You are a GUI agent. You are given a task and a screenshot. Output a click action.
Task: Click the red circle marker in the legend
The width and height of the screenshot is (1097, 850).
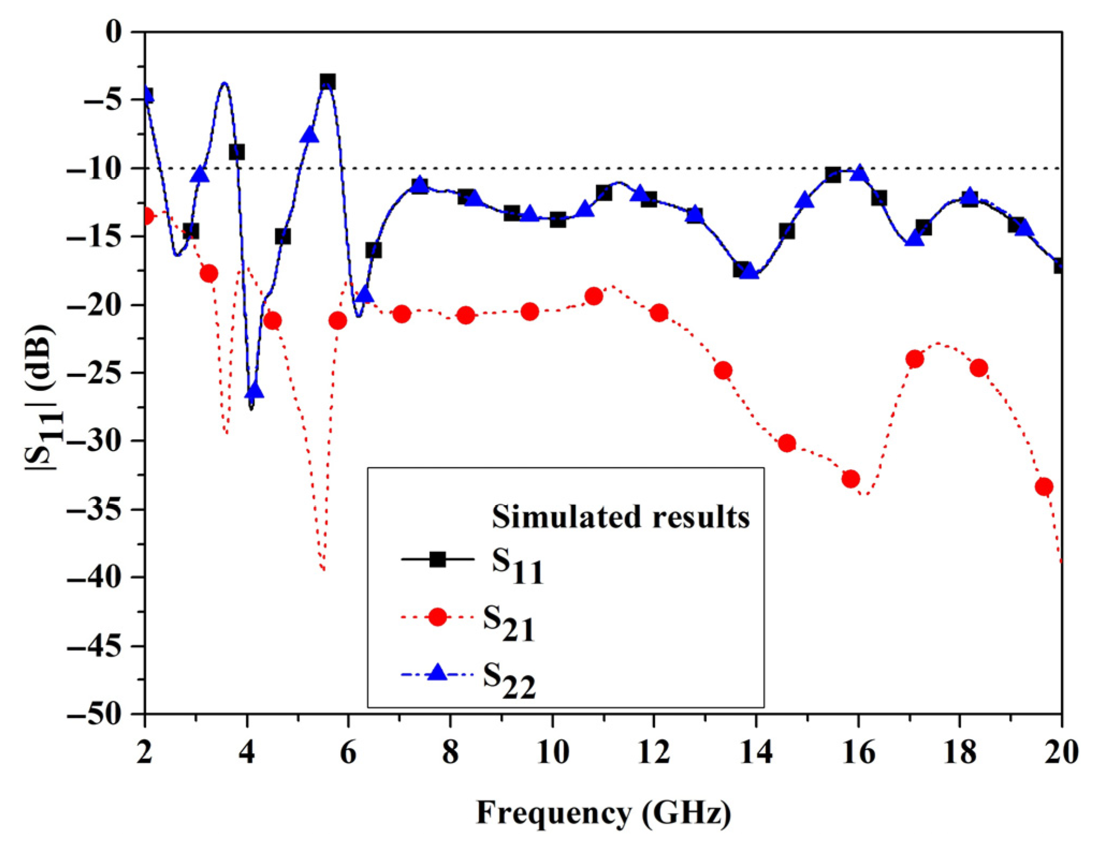tap(438, 617)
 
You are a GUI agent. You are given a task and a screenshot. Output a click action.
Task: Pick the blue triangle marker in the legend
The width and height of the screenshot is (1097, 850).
tap(438, 673)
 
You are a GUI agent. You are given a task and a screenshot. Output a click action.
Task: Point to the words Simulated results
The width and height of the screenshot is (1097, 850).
tap(620, 517)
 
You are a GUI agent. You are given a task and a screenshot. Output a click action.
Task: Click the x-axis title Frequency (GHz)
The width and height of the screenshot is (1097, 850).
tap(603, 812)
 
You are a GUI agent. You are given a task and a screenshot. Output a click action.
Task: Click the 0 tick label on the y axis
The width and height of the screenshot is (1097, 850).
tap(114, 32)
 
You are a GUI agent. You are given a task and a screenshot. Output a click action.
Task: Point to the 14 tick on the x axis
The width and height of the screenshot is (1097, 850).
tap(756, 753)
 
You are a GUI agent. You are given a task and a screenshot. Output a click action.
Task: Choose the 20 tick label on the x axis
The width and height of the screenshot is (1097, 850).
tap(1061, 753)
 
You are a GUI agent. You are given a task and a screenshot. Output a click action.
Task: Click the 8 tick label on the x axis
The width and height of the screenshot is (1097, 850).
tap(450, 753)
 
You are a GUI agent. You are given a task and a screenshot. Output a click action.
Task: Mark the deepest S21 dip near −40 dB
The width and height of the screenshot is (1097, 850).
tap(323, 570)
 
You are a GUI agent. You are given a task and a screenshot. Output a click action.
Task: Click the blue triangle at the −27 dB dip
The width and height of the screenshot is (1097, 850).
tap(254, 391)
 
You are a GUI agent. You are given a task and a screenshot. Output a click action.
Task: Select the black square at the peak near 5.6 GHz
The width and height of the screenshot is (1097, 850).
tap(327, 82)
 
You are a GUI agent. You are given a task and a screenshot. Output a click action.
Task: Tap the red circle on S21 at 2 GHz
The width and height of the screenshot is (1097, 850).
tap(146, 216)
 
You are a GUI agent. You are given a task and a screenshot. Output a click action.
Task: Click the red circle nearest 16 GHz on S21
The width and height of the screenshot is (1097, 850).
tap(851, 478)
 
